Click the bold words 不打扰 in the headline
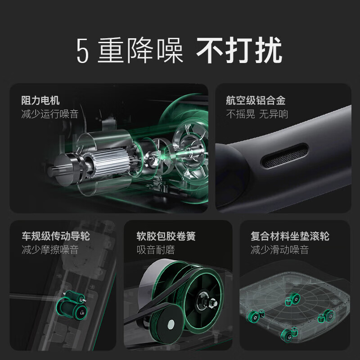(239, 51)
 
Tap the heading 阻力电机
(40, 100)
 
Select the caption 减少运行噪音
(49, 114)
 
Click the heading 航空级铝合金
(256, 100)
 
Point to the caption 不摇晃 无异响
(257, 114)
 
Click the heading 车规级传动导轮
(55, 236)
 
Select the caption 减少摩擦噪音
(49, 249)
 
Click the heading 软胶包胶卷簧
(166, 236)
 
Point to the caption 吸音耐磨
(156, 249)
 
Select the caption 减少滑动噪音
(279, 249)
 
